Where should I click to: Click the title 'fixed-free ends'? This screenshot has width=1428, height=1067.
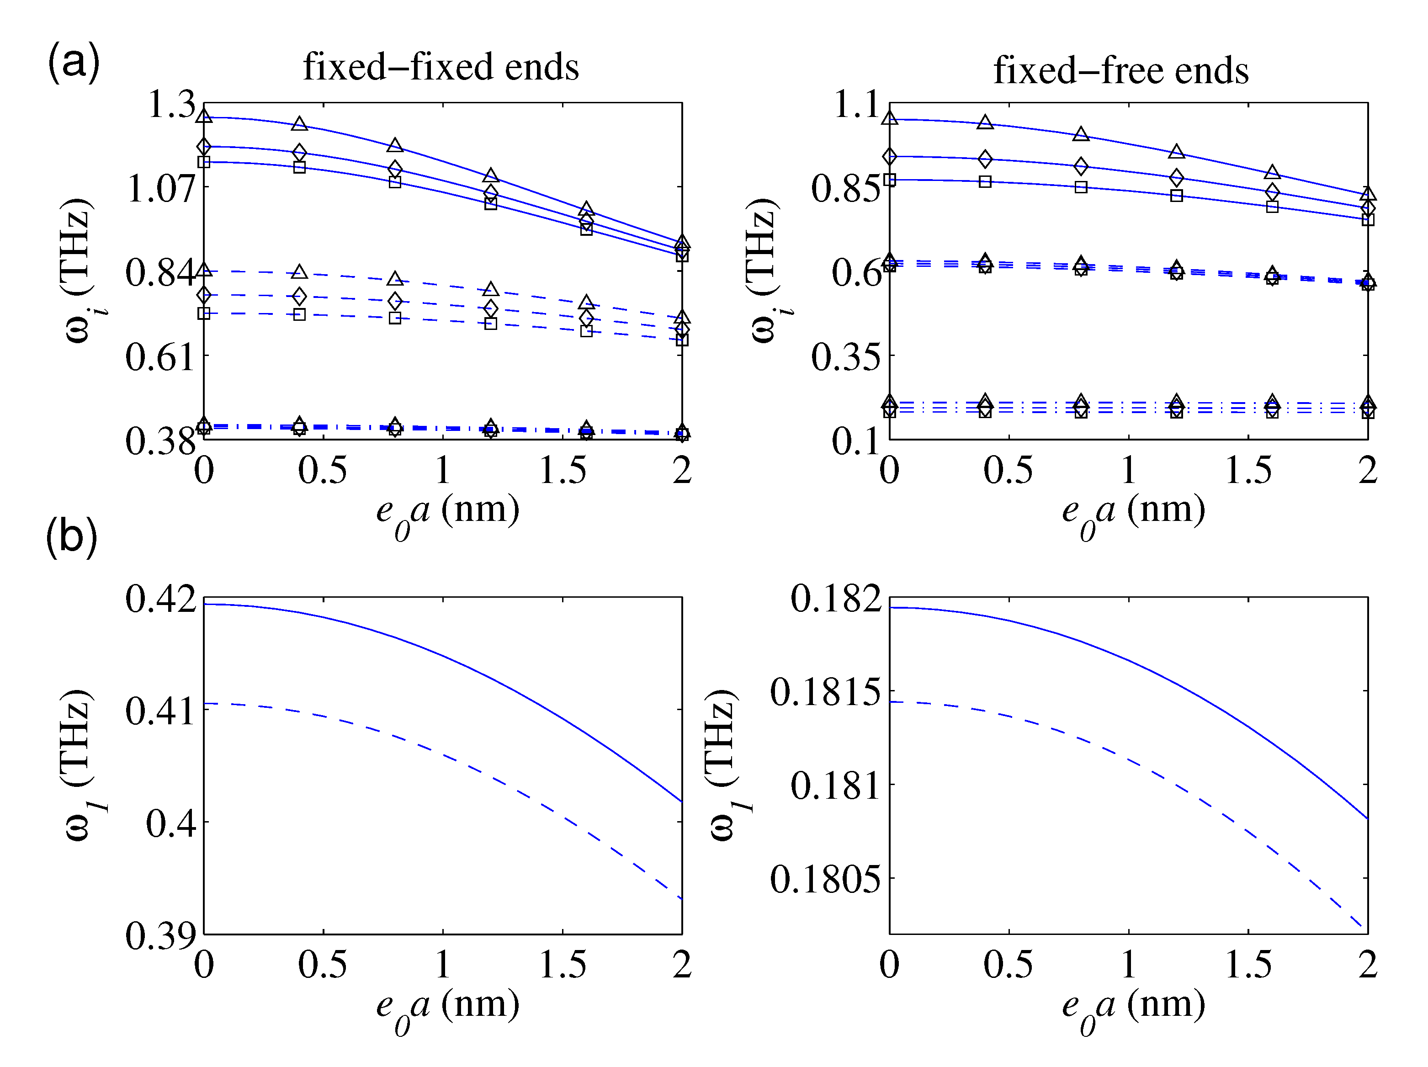(x=1121, y=70)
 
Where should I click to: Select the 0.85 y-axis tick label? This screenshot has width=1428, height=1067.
(x=845, y=188)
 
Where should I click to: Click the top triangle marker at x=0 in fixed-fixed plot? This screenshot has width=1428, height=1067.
(x=204, y=116)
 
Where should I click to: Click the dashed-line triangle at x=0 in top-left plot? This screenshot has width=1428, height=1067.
(x=204, y=270)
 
